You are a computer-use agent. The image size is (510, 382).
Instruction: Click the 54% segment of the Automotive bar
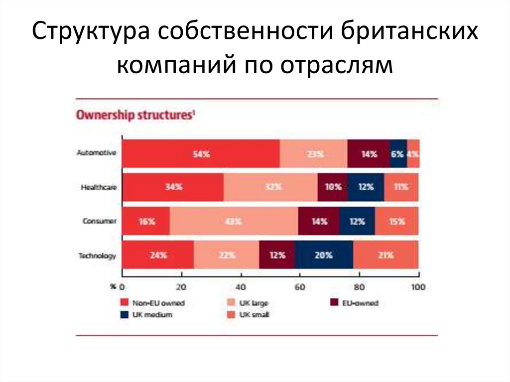tap(201, 154)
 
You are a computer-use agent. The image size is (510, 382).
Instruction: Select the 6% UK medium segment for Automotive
tap(397, 154)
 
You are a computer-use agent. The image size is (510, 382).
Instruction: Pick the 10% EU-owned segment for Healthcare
tap(333, 187)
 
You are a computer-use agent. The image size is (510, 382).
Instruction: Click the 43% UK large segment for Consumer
tap(234, 221)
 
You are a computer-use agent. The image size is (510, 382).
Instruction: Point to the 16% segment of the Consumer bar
tap(146, 221)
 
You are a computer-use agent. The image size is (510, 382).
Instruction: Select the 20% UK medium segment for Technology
tap(324, 255)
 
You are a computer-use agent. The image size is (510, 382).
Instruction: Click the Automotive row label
tap(97, 153)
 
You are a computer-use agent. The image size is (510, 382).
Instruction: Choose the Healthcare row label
tap(99, 187)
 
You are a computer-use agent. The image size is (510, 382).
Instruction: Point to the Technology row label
tap(97, 255)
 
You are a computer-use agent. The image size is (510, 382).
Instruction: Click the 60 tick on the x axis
tap(300, 286)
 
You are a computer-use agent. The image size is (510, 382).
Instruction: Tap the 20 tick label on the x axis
tap(181, 286)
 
